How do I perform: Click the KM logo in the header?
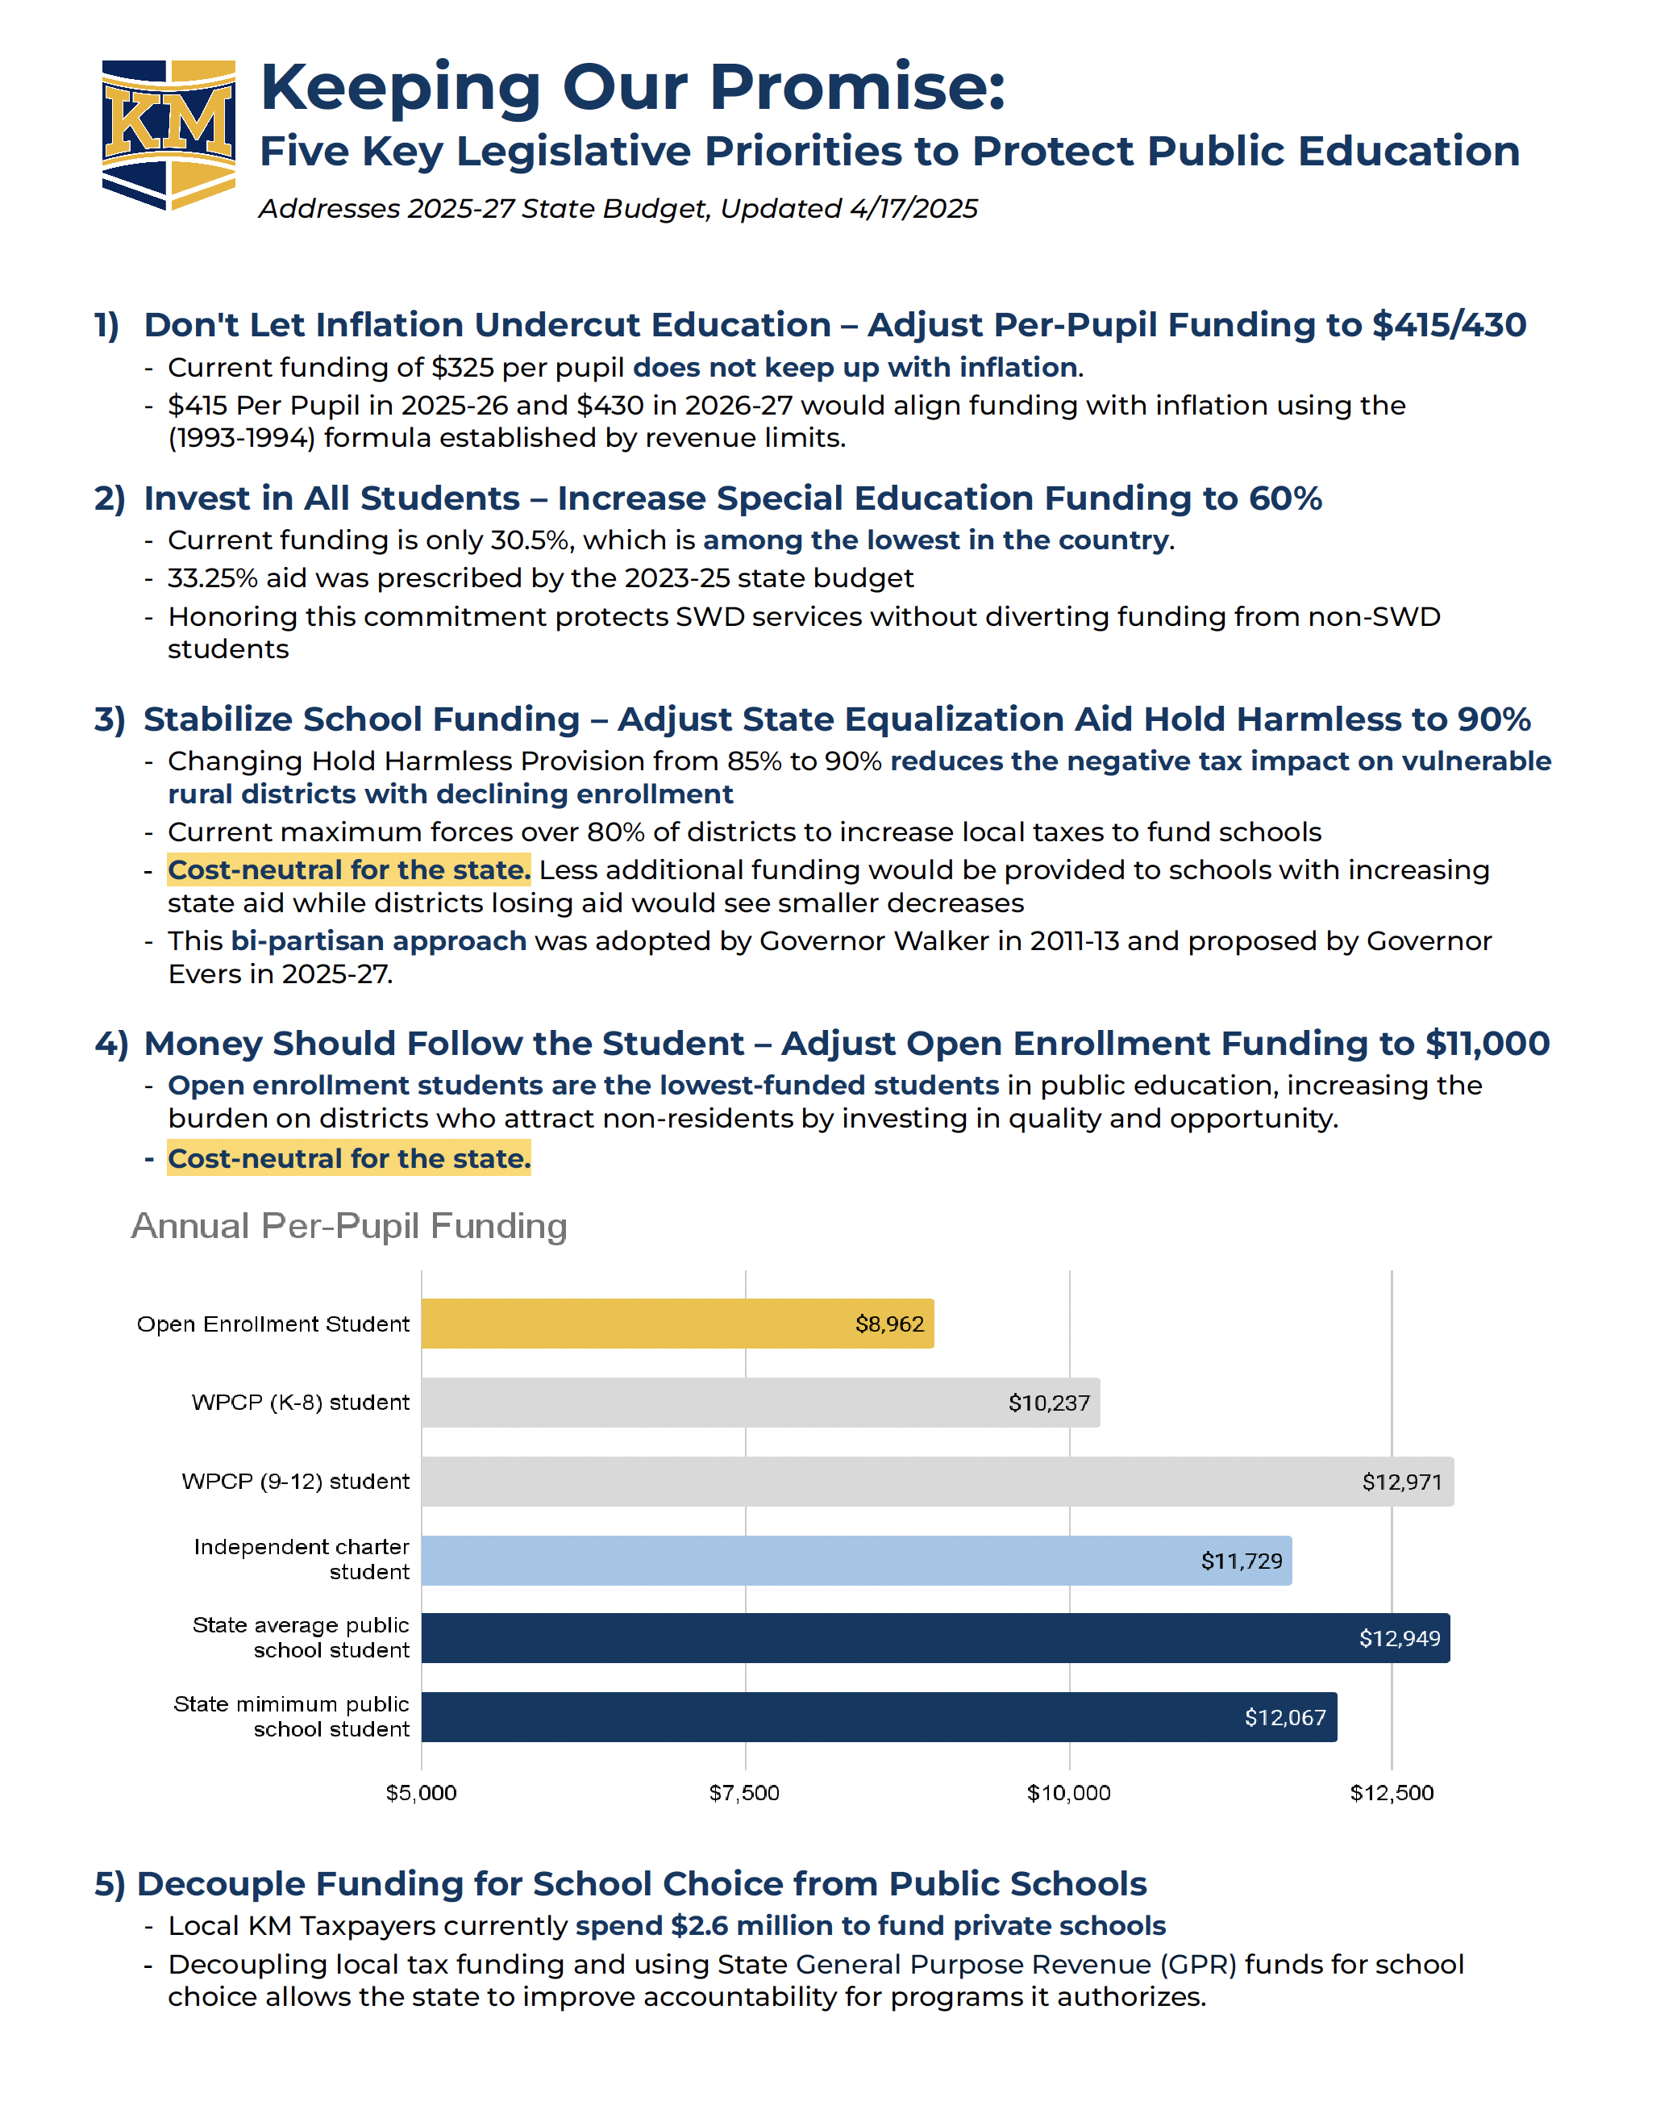pyautogui.click(x=169, y=134)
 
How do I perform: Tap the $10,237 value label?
pyautogui.click(x=1048, y=1403)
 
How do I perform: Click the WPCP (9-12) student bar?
pyautogui.click(x=937, y=1481)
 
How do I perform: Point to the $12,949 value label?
pyautogui.click(x=1399, y=1638)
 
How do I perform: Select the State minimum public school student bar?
pyautogui.click(x=879, y=1716)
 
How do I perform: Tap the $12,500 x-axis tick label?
pyautogui.click(x=1392, y=1792)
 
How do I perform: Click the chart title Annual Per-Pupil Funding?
pyautogui.click(x=349, y=1226)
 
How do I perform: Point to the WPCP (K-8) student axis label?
pyautogui.click(x=301, y=1403)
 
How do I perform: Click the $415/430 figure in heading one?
pyautogui.click(x=1449, y=325)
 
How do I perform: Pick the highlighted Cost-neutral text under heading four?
pyautogui.click(x=349, y=1159)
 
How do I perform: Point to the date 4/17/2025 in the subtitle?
pyautogui.click(x=913, y=209)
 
